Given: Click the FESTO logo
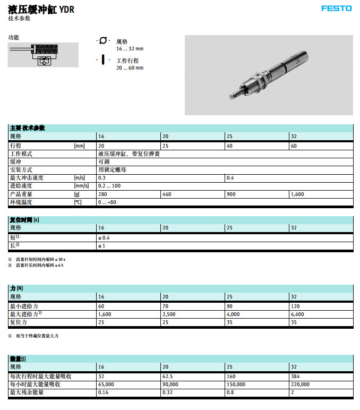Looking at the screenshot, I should click(x=336, y=8).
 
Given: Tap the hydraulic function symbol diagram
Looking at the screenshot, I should click(x=43, y=55).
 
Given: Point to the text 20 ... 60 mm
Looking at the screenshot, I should click(x=130, y=68).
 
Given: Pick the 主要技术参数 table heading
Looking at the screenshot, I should click(x=28, y=128).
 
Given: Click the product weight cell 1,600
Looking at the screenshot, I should click(x=297, y=194).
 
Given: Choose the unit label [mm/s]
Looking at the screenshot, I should click(x=81, y=186).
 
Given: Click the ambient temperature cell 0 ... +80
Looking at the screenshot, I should click(x=108, y=202).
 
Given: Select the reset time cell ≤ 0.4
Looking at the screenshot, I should click(x=104, y=237).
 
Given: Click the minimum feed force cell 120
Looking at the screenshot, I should click(x=296, y=306).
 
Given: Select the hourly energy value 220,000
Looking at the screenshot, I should click(x=300, y=384).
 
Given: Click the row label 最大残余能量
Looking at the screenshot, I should click(x=28, y=392).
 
